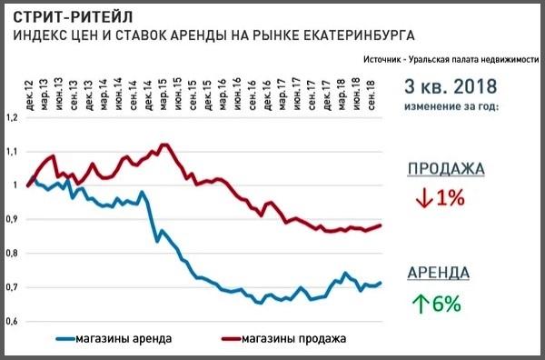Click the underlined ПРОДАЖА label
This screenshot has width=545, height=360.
(445, 169)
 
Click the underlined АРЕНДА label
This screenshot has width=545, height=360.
(438, 272)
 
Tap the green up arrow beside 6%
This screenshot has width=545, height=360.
(421, 303)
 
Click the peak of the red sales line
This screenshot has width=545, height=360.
(163, 144)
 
